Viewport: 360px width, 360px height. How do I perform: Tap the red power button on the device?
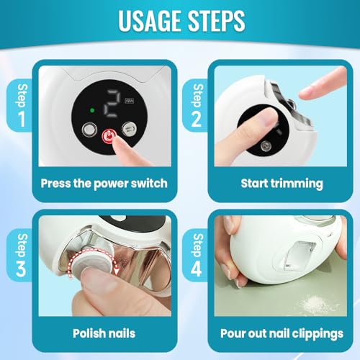(109, 137)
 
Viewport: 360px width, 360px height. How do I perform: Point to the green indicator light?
(92, 111)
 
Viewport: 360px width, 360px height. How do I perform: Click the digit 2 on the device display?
(111, 104)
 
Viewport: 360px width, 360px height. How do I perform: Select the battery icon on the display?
(129, 101)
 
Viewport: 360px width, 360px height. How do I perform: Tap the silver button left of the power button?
(89, 130)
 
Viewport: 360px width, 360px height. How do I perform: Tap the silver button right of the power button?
(129, 129)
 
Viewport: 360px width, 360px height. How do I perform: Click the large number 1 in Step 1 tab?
(22, 119)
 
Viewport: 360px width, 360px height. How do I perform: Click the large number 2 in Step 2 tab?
(197, 119)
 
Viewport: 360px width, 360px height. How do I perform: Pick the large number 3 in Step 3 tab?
(21, 269)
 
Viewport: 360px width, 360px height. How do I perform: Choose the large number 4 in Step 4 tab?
(197, 269)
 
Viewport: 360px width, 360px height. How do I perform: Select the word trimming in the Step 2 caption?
(297, 184)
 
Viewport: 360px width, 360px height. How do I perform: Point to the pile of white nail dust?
(312, 303)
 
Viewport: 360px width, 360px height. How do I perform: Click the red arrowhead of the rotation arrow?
(117, 271)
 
